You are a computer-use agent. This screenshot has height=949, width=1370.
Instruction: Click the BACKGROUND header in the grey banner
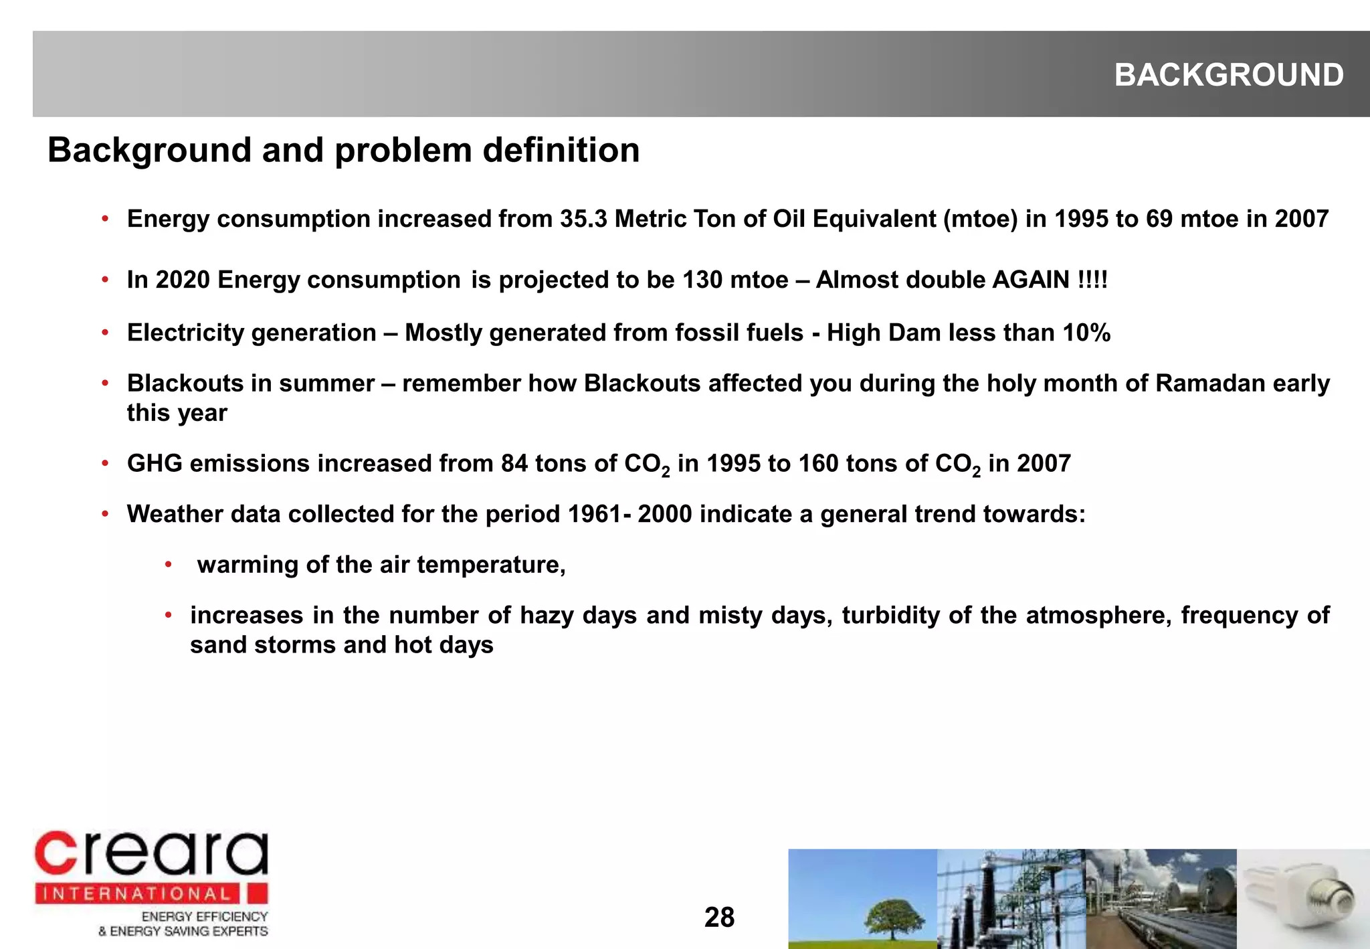(x=1228, y=75)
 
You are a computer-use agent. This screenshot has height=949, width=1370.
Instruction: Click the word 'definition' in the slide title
(x=561, y=150)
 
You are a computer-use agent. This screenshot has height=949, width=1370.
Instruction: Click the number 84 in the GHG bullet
(x=514, y=463)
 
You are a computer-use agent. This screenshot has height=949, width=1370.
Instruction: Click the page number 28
(x=719, y=918)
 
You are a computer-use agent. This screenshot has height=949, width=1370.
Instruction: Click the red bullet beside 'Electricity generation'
(x=105, y=333)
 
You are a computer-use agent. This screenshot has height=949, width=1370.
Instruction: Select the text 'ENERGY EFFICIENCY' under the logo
(x=204, y=916)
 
